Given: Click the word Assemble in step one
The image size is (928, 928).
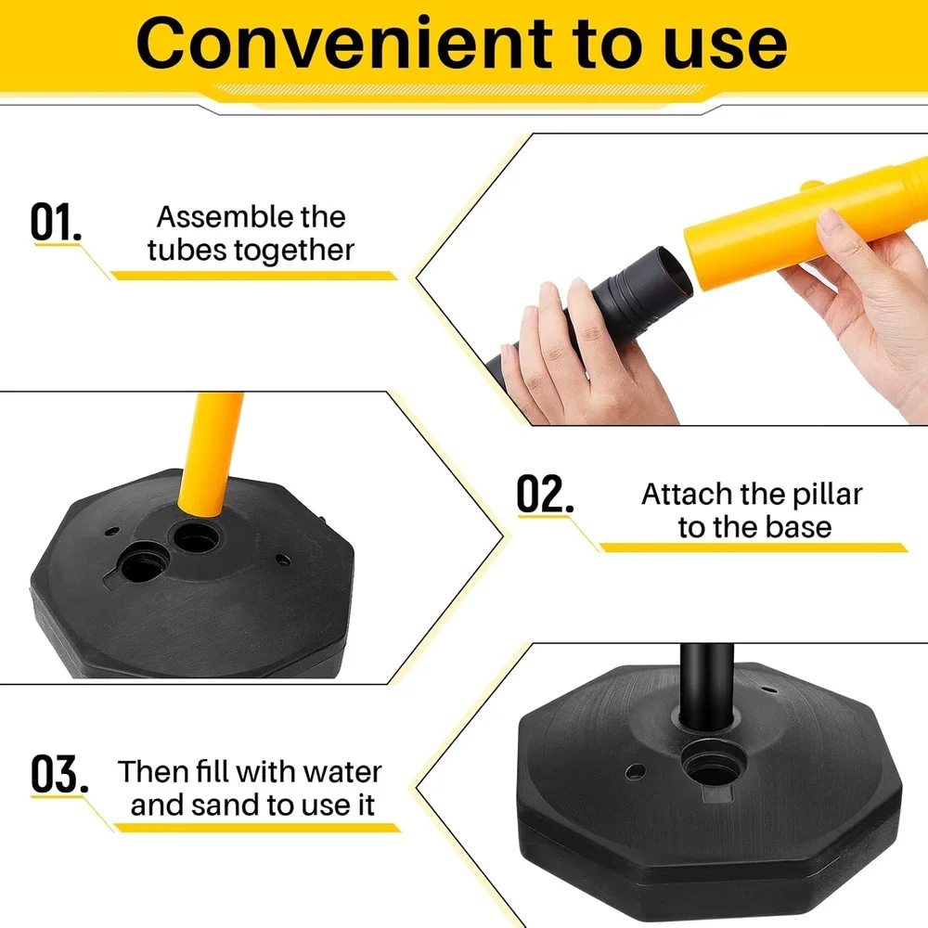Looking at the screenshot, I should pyautogui.click(x=214, y=217).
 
